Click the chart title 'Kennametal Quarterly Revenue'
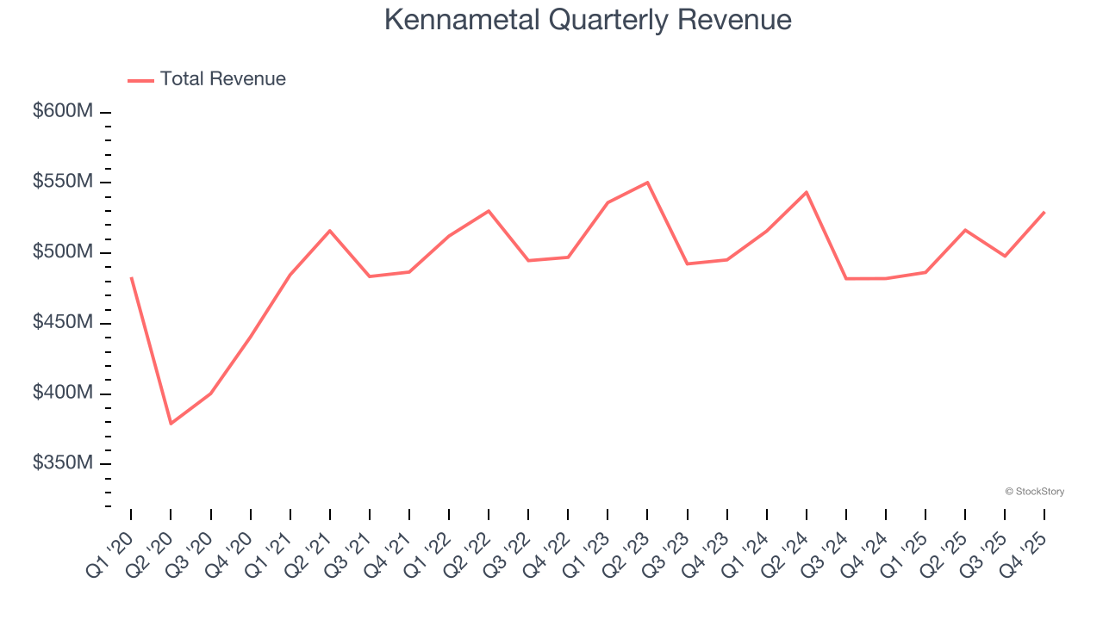pos(587,20)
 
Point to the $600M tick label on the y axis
pos(64,112)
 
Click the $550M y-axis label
pos(64,183)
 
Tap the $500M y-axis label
pos(64,253)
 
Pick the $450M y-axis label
pos(64,323)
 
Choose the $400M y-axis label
pos(64,394)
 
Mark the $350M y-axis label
pos(64,464)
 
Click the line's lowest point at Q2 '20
pos(171,424)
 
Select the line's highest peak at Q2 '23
pos(647,183)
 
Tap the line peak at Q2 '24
pos(807,192)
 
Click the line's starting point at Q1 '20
pos(131,278)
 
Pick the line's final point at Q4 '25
pos(1044,212)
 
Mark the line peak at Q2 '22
pos(489,210)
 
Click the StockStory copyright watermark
pos(1034,492)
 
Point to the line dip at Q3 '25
pos(1005,256)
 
